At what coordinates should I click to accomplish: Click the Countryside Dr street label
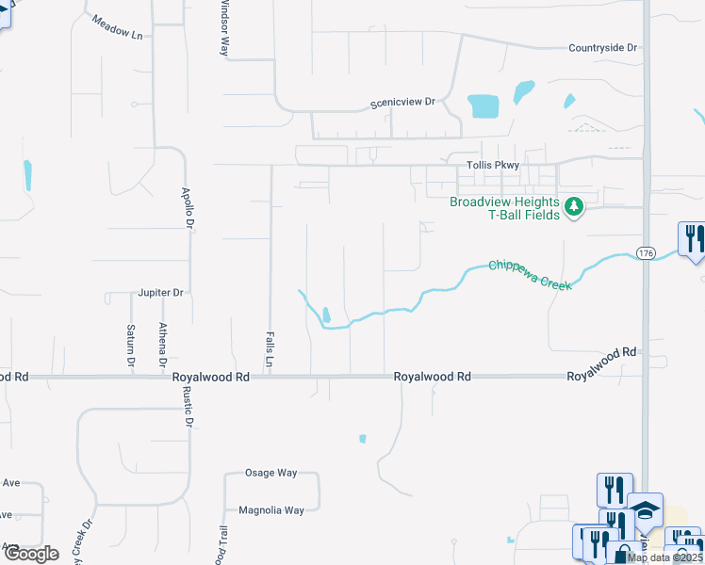(x=603, y=47)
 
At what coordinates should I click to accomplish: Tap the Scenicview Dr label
(x=403, y=101)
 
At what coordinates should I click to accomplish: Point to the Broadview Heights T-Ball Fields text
(x=504, y=208)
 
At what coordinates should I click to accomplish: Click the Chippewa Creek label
(x=530, y=275)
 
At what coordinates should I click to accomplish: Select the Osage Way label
(x=271, y=473)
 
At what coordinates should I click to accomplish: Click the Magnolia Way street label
(x=271, y=510)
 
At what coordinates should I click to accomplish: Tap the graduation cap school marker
(x=646, y=510)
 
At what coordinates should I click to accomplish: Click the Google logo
(x=31, y=554)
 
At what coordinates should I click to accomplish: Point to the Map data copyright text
(x=664, y=557)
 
